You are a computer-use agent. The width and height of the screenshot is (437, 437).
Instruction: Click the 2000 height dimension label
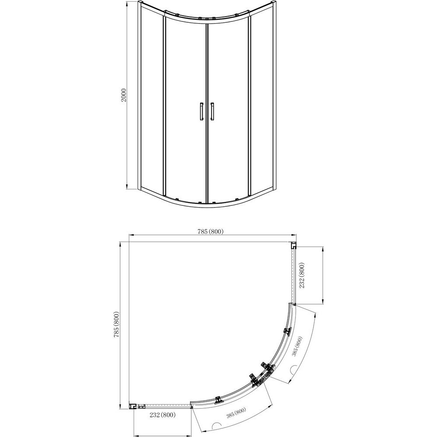point(124,95)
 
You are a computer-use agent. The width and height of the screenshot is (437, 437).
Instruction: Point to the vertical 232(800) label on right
point(302,275)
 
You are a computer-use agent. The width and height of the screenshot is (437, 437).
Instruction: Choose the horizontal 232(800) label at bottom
point(163,415)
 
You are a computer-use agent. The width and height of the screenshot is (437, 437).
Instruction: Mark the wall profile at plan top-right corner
point(294,246)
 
